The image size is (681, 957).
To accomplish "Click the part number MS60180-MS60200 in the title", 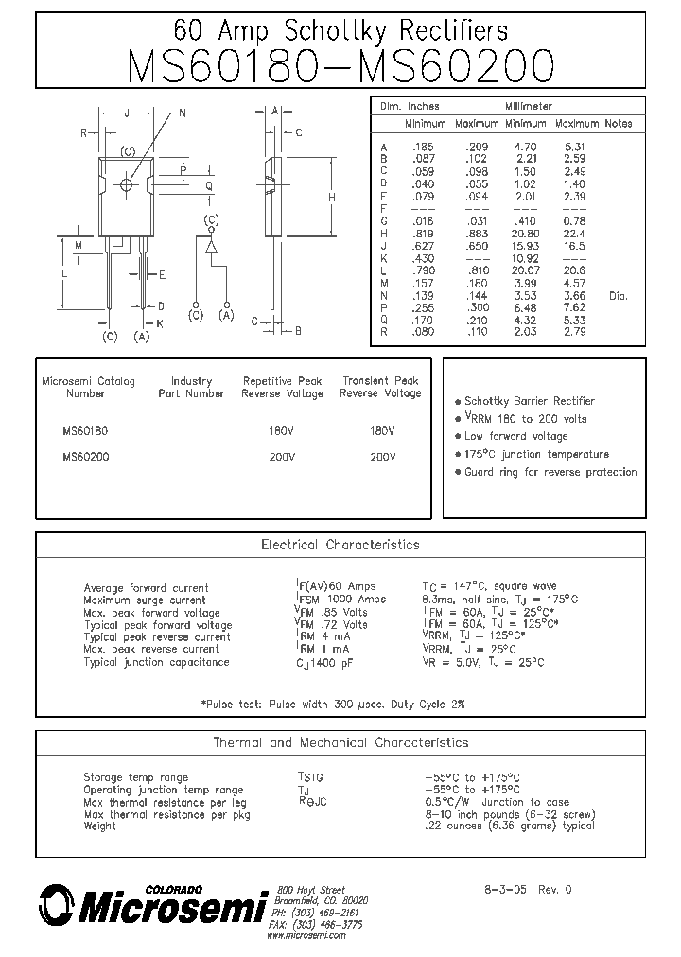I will [340, 66].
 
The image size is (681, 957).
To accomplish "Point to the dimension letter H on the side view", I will [331, 198].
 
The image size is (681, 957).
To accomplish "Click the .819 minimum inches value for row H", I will [422, 234].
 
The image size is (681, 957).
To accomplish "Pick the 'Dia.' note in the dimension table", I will [618, 296].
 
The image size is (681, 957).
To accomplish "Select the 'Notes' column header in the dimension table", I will [619, 124].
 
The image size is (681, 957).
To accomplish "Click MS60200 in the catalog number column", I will [85, 456].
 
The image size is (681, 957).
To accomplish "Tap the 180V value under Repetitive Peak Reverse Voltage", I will [282, 430].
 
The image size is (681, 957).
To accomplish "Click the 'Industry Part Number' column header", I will [191, 388].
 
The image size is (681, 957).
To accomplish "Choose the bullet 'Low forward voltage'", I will [515, 436].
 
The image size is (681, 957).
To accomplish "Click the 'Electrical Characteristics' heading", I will [340, 546].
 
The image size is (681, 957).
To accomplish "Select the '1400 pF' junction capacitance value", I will [336, 663].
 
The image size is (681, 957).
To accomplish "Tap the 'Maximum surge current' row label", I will [144, 600].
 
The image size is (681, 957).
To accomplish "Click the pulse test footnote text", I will [333, 705].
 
